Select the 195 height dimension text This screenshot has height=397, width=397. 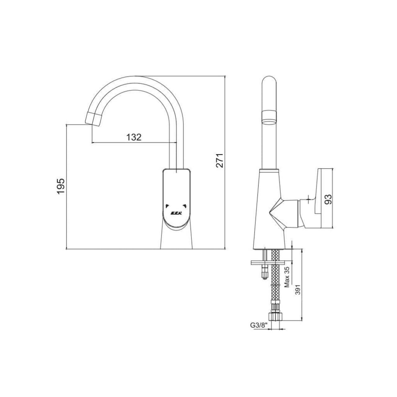click(x=61, y=186)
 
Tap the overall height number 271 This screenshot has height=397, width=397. click(x=220, y=160)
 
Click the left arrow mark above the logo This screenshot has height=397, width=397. click(x=167, y=205)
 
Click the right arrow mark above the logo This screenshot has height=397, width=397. click(x=185, y=205)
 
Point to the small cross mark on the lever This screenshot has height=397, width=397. click(x=308, y=198)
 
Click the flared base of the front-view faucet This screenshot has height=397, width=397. click(x=176, y=239)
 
